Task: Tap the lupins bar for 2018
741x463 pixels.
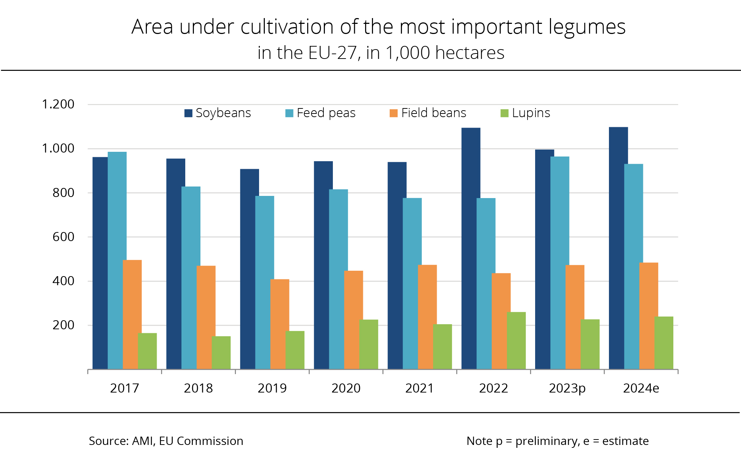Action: point(221,353)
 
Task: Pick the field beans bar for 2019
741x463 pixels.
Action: point(280,324)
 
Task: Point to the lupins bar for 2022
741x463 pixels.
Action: point(516,340)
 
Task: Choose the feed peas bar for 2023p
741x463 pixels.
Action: point(560,263)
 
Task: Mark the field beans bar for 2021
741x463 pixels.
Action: point(427,317)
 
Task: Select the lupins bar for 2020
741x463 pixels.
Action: point(369,344)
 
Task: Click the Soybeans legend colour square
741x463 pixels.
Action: point(188,113)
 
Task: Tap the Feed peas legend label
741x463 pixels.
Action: point(326,113)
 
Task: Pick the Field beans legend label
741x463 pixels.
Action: point(433,113)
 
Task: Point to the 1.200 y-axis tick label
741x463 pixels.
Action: point(58,104)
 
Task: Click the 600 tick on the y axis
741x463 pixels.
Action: point(63,237)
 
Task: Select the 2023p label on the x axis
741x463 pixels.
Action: point(567,388)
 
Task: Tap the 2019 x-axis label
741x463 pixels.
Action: point(272,388)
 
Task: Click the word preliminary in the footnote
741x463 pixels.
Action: point(547,441)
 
